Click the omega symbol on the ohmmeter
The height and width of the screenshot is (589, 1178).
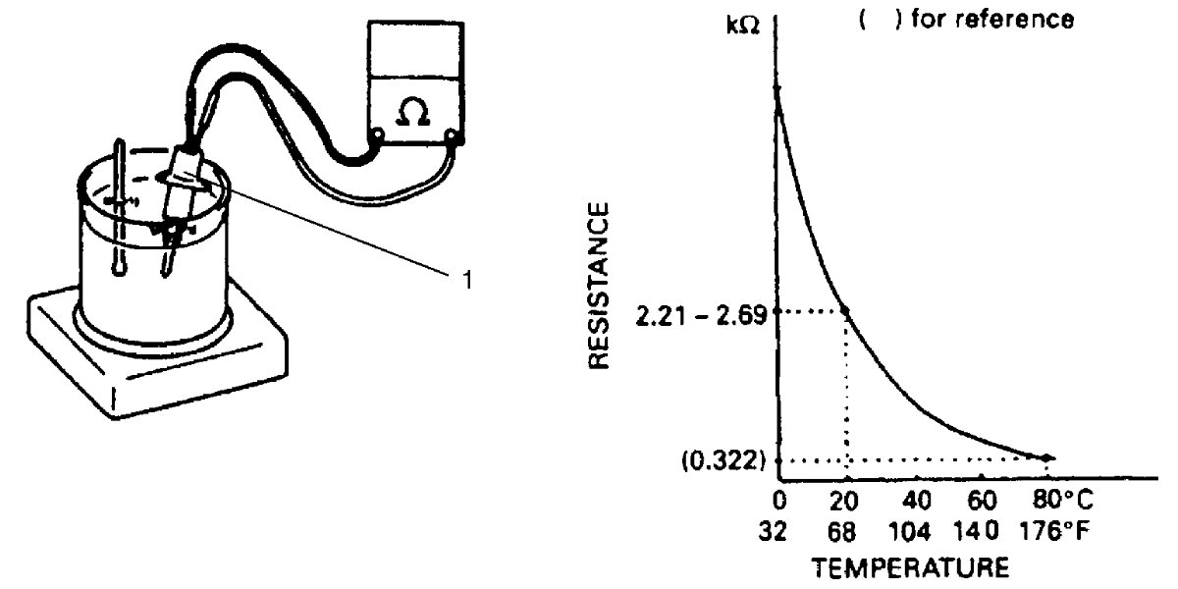point(413,112)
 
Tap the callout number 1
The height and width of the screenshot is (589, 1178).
point(467,281)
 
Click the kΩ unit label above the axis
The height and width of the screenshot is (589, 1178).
point(743,25)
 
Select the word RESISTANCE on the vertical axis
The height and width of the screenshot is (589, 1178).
point(599,286)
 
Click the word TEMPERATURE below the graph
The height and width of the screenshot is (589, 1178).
point(910,568)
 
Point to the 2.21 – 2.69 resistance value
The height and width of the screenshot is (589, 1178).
point(702,316)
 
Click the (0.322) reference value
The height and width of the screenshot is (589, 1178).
point(723,461)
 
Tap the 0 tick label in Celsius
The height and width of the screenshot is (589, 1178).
point(779,500)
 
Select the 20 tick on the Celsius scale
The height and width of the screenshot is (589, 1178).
point(844,500)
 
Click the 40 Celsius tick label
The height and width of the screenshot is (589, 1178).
point(917,500)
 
